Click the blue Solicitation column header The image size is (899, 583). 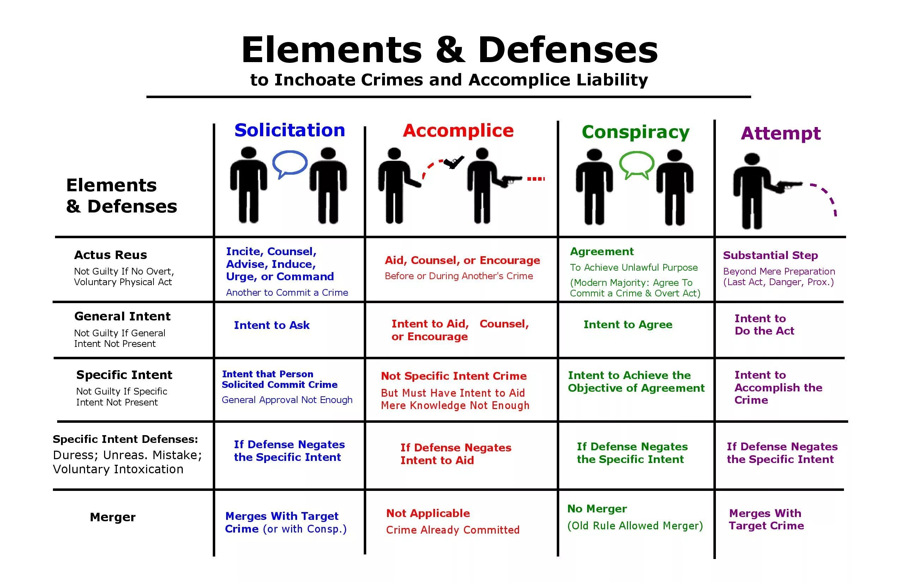tap(290, 130)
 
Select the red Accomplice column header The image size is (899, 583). tap(458, 131)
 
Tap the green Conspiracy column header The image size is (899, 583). tap(635, 132)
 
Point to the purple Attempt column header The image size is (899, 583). tap(780, 133)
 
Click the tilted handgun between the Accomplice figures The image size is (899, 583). tap(454, 162)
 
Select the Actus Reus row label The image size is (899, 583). tap(110, 255)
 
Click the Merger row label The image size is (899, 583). tap(113, 517)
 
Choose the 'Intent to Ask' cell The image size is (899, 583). tap(272, 325)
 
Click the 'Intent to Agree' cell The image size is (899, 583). tap(628, 325)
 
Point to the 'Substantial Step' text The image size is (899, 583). tap(770, 256)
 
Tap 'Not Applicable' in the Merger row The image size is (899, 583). tap(428, 513)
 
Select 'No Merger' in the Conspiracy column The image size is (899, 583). tap(597, 509)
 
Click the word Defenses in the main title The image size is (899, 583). tap(568, 50)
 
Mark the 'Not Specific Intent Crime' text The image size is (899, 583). tap(453, 376)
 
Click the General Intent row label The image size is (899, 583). tap(122, 316)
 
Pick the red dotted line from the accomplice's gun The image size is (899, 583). tap(536, 179)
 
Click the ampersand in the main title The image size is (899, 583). tap(449, 50)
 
